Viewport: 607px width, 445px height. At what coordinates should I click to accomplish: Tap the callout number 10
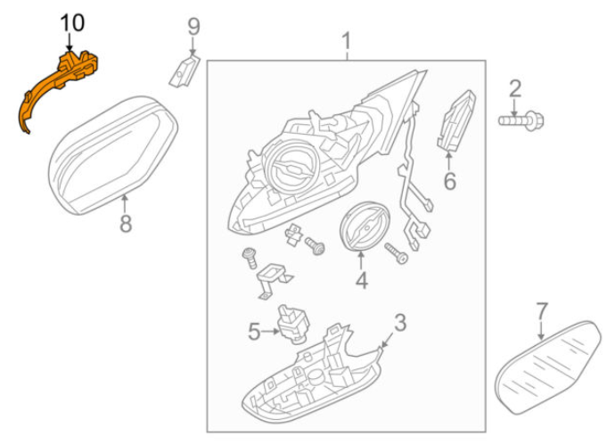[72, 23]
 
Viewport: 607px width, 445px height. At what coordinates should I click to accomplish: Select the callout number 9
[193, 27]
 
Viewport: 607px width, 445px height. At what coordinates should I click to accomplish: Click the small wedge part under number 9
[185, 71]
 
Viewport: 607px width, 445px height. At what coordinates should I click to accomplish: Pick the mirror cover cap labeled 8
[113, 155]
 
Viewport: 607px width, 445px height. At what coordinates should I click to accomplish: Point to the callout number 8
[126, 224]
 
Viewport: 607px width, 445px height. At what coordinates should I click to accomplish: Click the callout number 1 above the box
[346, 41]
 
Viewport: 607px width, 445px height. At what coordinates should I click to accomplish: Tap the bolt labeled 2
[521, 120]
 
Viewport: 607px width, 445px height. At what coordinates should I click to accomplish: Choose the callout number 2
[515, 88]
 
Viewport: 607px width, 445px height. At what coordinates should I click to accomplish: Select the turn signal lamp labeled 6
[456, 120]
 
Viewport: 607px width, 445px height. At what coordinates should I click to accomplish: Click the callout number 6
[449, 181]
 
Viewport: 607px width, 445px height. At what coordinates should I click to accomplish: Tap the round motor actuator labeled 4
[365, 227]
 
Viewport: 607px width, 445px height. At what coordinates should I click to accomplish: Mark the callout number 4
[361, 280]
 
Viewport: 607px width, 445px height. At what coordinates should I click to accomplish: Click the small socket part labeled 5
[293, 325]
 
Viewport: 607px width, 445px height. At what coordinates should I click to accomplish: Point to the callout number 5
[253, 332]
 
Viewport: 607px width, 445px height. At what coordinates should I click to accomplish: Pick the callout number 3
[400, 323]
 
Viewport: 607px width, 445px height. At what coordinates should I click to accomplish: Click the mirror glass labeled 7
[548, 367]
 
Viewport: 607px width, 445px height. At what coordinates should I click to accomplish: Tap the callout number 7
[542, 311]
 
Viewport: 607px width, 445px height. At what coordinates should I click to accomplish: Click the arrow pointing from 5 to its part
[270, 332]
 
